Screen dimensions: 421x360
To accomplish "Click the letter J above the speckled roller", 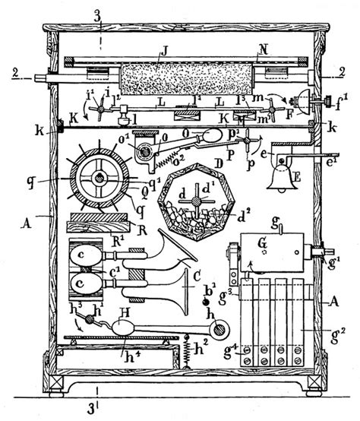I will pos(163,53).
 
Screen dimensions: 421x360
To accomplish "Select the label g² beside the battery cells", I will pos(331,331).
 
